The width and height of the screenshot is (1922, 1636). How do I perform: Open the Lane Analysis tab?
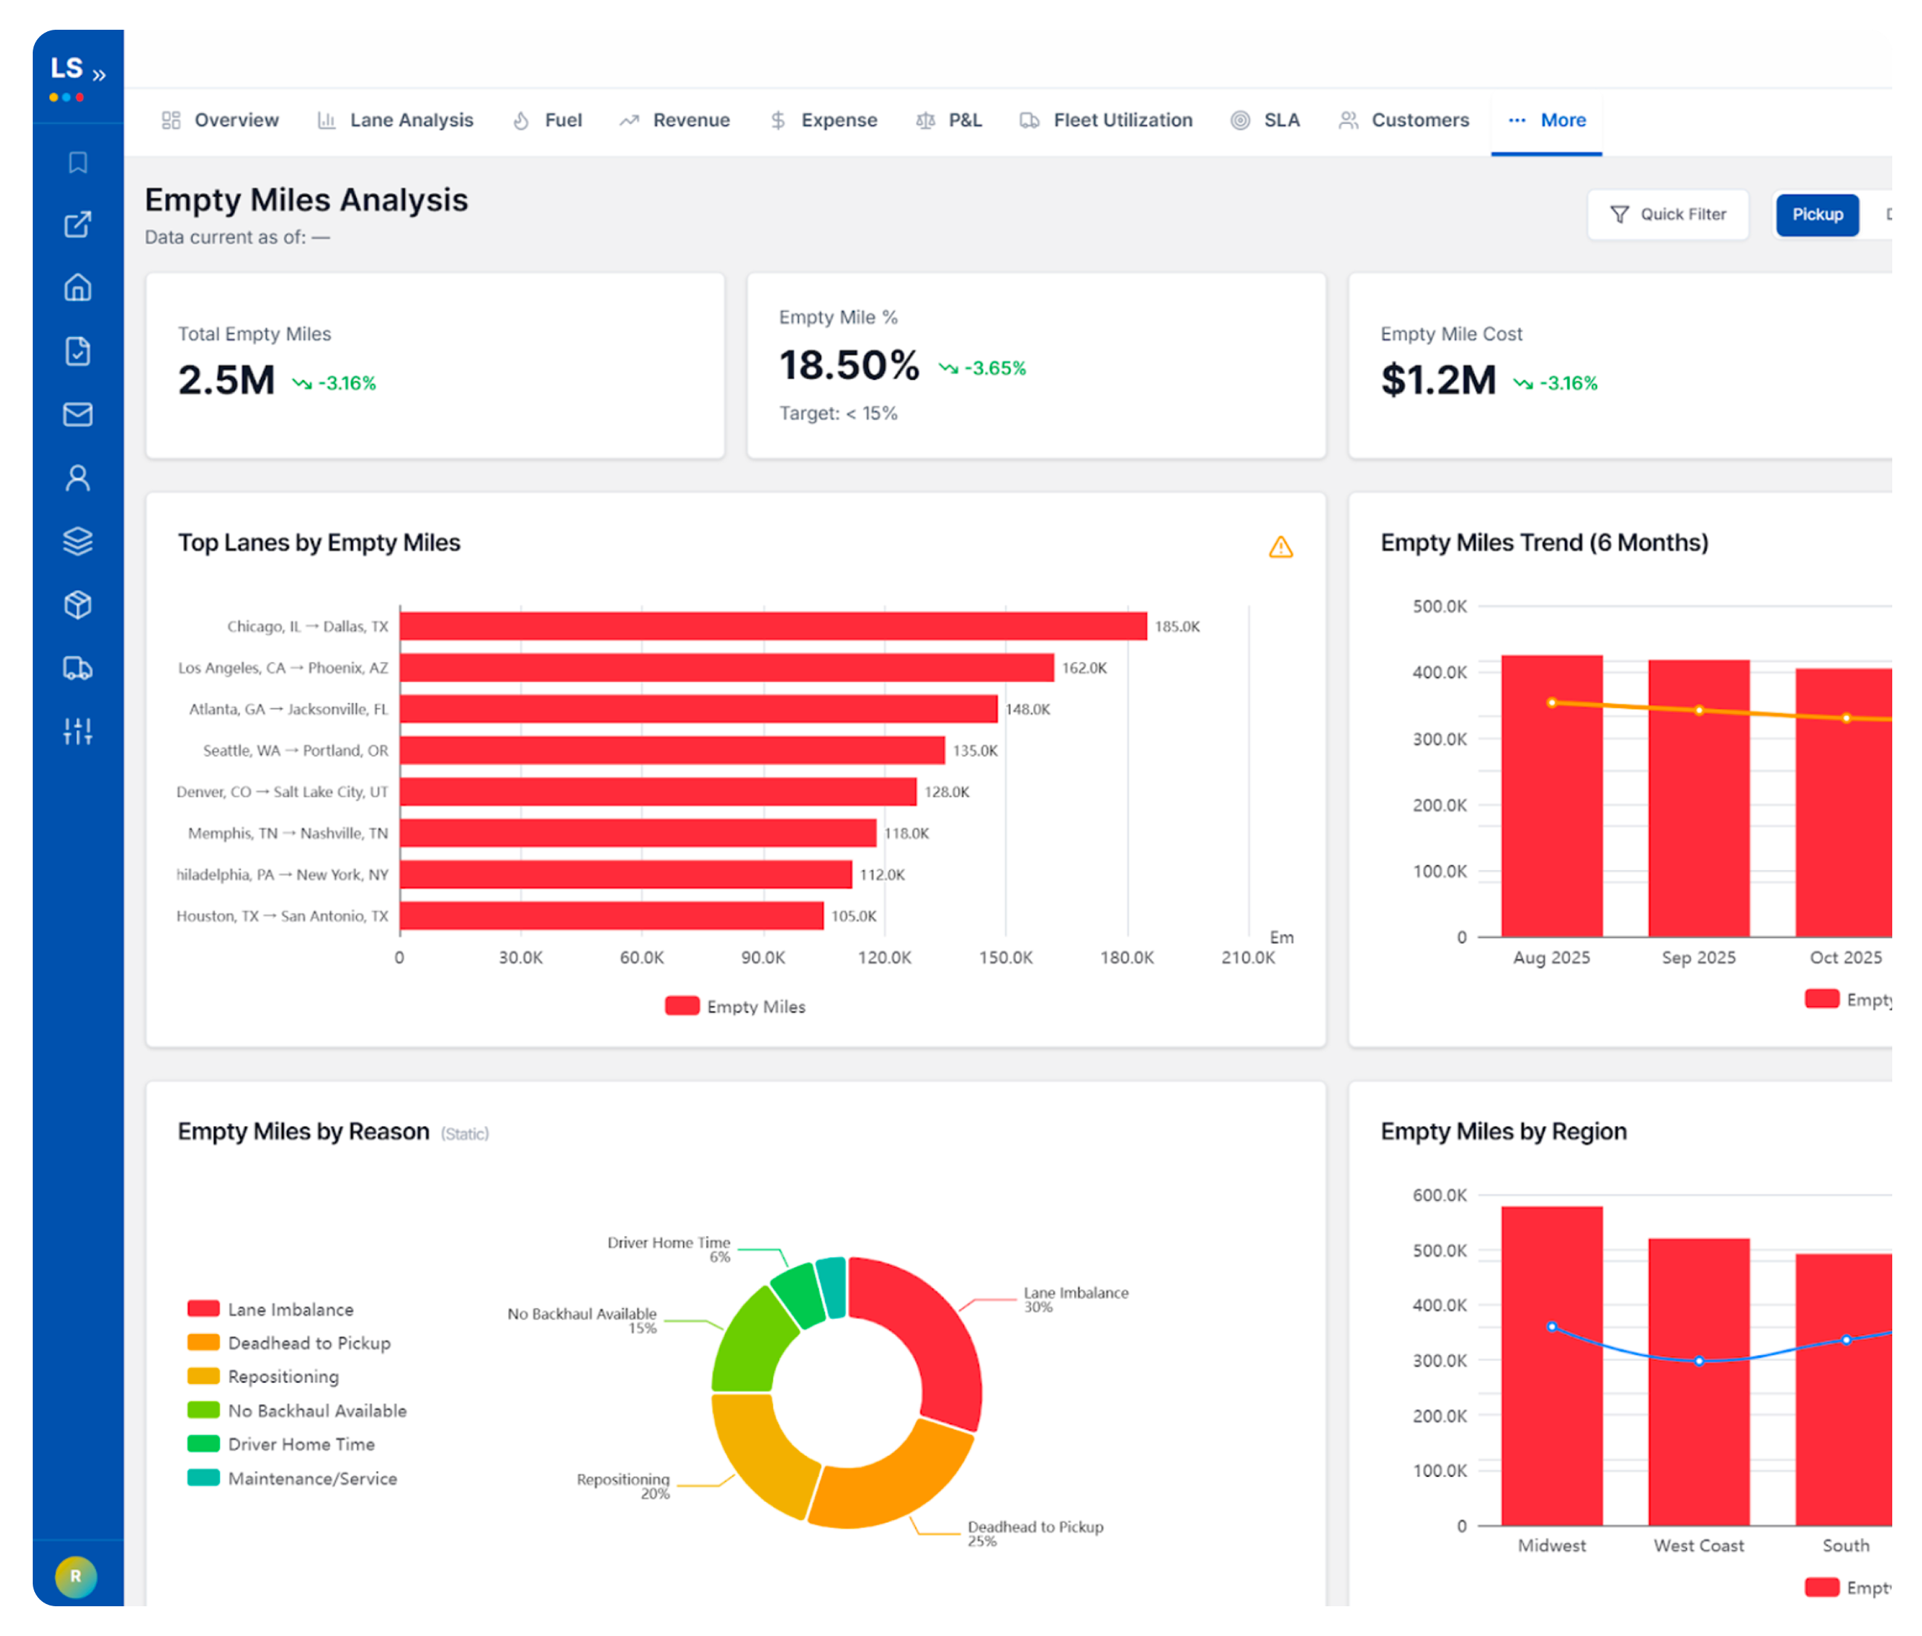pyautogui.click(x=395, y=120)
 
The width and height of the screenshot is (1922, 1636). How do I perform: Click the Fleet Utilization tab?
pyautogui.click(x=1107, y=120)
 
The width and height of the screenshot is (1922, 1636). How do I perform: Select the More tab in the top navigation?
pyautogui.click(x=1546, y=120)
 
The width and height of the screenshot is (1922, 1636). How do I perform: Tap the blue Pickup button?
pyautogui.click(x=1817, y=214)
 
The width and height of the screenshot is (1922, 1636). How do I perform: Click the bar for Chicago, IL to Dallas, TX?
pyautogui.click(x=774, y=626)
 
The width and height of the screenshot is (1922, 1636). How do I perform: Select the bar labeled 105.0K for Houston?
pyautogui.click(x=612, y=915)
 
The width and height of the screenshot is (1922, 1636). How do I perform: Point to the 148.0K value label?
pyautogui.click(x=1028, y=709)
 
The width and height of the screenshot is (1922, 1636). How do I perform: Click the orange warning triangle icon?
pyautogui.click(x=1281, y=547)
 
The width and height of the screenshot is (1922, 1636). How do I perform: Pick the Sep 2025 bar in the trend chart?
pyautogui.click(x=1698, y=798)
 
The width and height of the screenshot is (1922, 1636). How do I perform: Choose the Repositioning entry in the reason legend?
pyautogui.click(x=263, y=1376)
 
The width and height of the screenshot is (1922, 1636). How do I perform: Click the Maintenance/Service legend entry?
pyautogui.click(x=292, y=1478)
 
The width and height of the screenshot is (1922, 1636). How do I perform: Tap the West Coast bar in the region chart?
pyautogui.click(x=1698, y=1381)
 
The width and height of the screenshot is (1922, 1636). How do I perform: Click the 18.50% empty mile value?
pyautogui.click(x=849, y=365)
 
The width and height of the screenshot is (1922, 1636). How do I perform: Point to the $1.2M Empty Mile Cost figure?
pyautogui.click(x=1438, y=380)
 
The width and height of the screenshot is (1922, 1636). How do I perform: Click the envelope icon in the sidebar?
pyautogui.click(x=78, y=414)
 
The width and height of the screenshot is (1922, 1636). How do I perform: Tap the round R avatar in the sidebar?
pyautogui.click(x=76, y=1576)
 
